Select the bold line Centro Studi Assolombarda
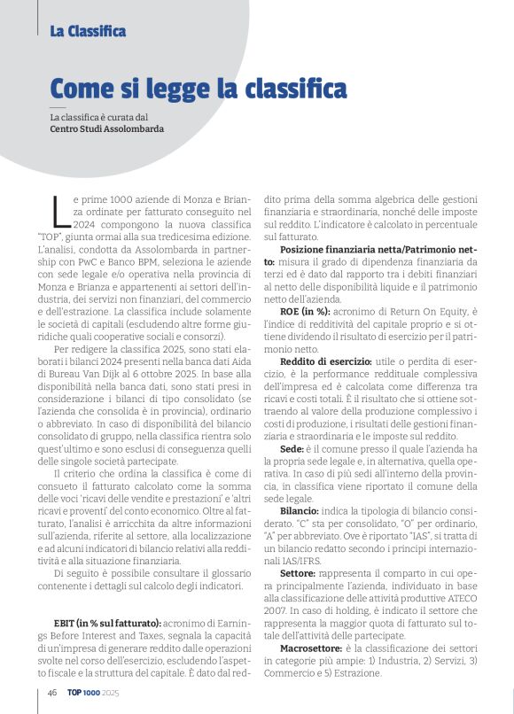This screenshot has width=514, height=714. [107, 128]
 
